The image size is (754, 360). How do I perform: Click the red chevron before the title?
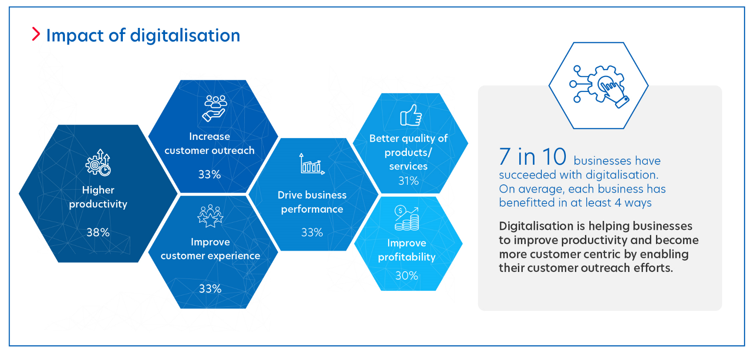click(x=36, y=34)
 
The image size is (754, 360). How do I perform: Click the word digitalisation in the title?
click(x=185, y=35)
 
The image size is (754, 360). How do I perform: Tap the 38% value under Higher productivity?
click(x=98, y=232)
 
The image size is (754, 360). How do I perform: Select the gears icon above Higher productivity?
click(x=98, y=163)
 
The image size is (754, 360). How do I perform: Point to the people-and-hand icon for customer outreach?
click(x=215, y=108)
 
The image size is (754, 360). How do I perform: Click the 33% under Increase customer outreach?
click(x=210, y=174)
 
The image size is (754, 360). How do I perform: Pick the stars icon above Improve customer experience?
click(x=210, y=216)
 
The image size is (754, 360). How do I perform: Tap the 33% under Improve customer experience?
click(x=210, y=289)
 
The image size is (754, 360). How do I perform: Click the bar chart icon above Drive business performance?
click(x=312, y=164)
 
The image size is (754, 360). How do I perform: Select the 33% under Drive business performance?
click(x=312, y=232)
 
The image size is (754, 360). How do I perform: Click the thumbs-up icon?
click(x=411, y=115)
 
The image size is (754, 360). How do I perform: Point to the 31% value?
click(x=409, y=181)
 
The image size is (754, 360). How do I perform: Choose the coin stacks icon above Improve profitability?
click(x=407, y=218)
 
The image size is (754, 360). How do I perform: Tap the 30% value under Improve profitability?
click(x=407, y=275)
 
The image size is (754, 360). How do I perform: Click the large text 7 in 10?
click(x=533, y=156)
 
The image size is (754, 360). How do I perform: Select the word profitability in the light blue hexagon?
click(x=407, y=257)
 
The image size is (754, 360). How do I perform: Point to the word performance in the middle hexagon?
click(x=312, y=210)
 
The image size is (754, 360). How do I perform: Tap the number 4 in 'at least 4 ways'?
click(x=618, y=203)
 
